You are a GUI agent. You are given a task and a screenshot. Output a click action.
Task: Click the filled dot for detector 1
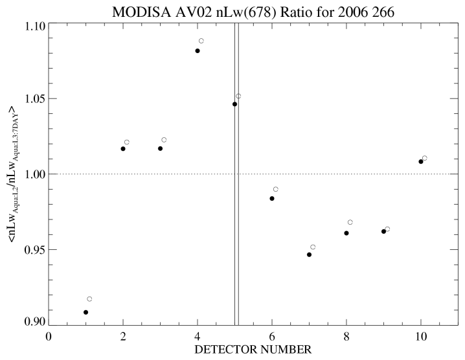pos(85,312)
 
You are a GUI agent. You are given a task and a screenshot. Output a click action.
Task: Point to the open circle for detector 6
pos(276,189)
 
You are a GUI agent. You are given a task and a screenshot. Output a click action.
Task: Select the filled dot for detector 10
pos(421,161)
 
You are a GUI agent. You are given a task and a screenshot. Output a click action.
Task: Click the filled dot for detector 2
pos(123,149)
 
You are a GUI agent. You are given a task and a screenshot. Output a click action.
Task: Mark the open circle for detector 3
pos(164,140)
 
